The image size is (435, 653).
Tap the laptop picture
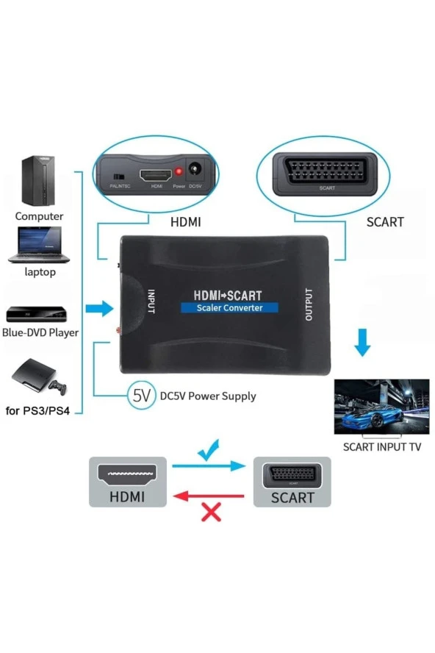[38, 245]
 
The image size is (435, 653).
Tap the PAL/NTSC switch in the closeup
[118, 177]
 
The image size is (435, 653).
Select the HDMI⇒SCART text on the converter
[227, 295]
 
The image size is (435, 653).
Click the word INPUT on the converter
[151, 302]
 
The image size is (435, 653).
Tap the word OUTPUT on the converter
[308, 303]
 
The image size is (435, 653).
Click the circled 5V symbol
[141, 396]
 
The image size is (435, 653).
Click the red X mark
[211, 511]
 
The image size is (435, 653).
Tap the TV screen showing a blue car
[381, 407]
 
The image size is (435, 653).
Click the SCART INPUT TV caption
[382, 446]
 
